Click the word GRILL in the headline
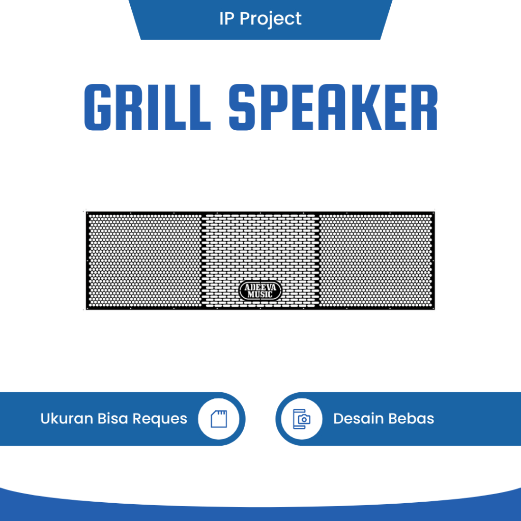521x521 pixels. (x=147, y=107)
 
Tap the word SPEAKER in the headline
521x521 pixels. (x=333, y=107)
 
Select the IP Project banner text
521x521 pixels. (x=260, y=19)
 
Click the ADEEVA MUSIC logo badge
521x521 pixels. (x=260, y=292)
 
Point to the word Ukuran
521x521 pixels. (x=66, y=419)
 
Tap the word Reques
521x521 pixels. (x=160, y=419)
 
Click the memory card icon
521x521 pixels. (x=218, y=419)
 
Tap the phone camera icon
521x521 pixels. (x=302, y=419)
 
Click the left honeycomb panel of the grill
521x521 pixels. (x=144, y=260)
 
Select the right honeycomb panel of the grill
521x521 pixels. (x=376, y=260)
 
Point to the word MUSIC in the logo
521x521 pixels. (x=260, y=295)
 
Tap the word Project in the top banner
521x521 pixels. (x=271, y=19)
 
